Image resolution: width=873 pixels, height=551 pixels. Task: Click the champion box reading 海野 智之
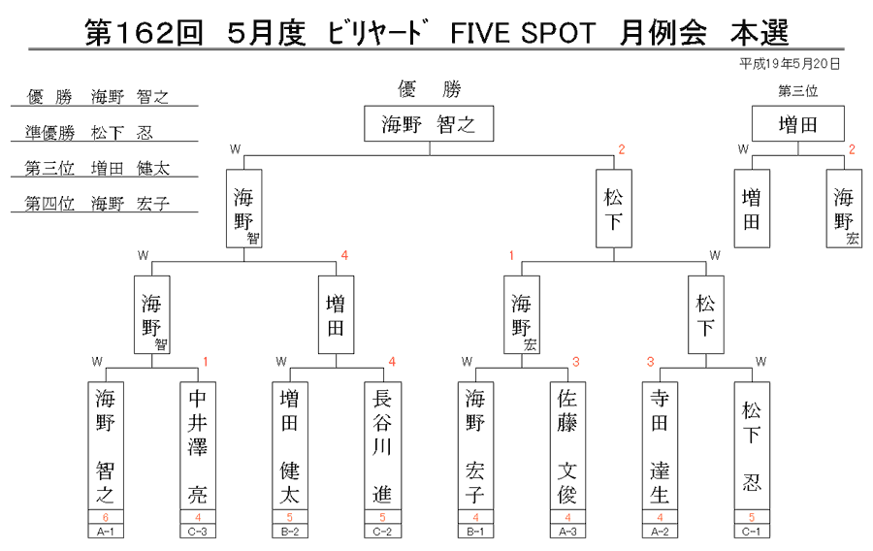[x=429, y=123]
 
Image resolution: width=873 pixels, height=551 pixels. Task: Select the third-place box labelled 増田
[x=798, y=123]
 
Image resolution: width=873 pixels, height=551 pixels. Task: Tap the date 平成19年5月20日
[x=790, y=64]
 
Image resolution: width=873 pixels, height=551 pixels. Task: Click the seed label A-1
[x=105, y=532]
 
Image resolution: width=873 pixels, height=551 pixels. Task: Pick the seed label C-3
[x=198, y=532]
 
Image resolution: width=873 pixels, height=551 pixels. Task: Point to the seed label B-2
[x=289, y=532]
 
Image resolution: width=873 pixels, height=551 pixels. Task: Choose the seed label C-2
[x=382, y=532]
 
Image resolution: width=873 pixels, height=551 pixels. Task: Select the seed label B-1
[x=475, y=532]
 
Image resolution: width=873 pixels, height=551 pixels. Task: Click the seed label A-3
[x=567, y=532]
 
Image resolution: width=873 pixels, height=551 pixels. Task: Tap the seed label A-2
[x=660, y=532]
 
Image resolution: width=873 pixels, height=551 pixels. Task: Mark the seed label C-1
[x=752, y=532]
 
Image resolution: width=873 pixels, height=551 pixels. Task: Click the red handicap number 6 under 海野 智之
[x=105, y=518]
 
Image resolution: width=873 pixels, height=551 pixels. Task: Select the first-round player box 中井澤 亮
[x=198, y=446]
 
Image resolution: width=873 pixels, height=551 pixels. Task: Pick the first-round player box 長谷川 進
[x=382, y=446]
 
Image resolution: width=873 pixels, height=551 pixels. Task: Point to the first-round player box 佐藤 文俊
[x=567, y=446]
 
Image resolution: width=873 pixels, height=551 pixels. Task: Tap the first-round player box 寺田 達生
[x=660, y=446]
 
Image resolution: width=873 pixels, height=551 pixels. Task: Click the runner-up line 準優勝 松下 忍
[x=89, y=133]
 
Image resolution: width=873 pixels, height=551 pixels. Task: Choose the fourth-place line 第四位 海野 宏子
[x=97, y=204]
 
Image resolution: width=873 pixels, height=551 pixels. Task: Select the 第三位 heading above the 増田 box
[x=798, y=91]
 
